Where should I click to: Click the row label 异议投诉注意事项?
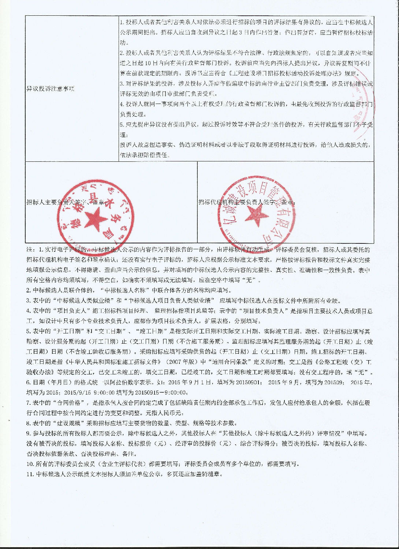tap(51, 89)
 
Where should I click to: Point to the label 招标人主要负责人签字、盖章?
tap(67, 202)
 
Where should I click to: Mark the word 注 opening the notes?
tap(29, 250)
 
